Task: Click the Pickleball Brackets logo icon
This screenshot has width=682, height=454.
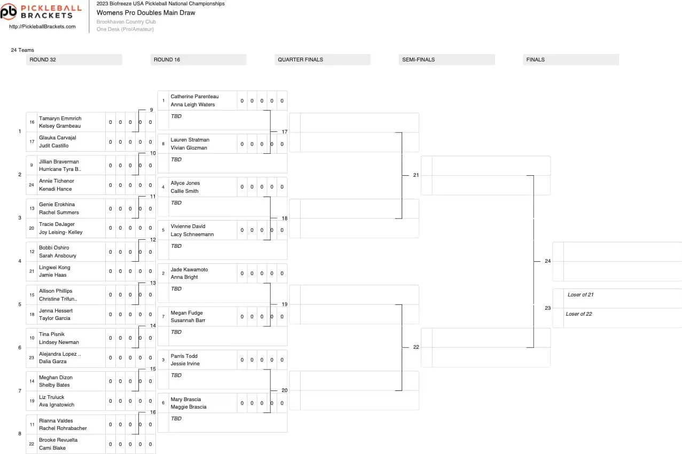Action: (x=9, y=12)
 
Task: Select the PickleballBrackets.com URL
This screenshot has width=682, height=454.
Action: (x=42, y=27)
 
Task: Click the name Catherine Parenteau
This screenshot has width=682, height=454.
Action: (x=194, y=97)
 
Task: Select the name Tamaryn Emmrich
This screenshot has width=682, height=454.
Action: (x=60, y=119)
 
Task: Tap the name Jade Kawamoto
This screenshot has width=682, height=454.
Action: (x=189, y=270)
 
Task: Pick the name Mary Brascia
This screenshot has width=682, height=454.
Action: (x=186, y=399)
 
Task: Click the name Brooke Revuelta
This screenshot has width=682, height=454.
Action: (x=58, y=440)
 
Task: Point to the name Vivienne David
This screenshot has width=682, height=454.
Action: (x=188, y=226)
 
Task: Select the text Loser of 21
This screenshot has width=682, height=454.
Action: (x=581, y=295)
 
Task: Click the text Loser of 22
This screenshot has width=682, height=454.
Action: (x=579, y=314)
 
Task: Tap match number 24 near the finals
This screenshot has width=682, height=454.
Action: (x=547, y=261)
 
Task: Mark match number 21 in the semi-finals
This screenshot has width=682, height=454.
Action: (x=416, y=175)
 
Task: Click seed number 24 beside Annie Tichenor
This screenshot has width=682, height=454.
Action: (x=32, y=185)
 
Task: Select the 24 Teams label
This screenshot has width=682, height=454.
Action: (x=22, y=50)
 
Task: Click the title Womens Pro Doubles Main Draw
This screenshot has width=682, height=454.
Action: (x=146, y=13)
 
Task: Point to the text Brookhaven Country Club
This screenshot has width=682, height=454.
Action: (x=126, y=21)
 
